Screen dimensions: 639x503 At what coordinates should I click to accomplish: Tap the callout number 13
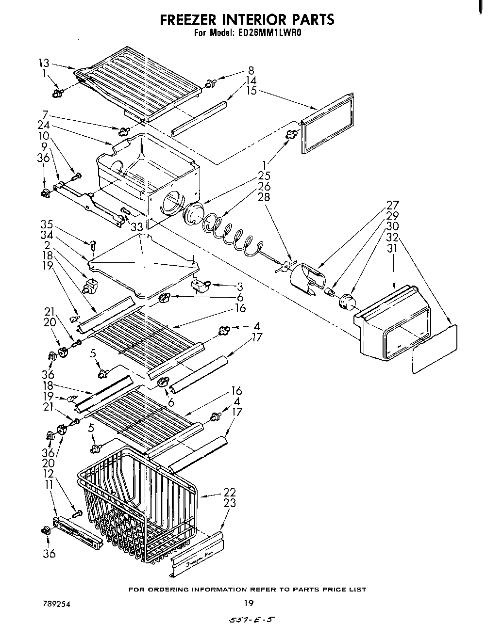click(x=44, y=63)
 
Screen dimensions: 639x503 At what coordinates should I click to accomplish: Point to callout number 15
click(x=251, y=91)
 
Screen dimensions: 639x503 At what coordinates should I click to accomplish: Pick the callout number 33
click(x=136, y=226)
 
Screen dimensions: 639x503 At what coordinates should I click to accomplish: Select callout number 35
click(x=46, y=224)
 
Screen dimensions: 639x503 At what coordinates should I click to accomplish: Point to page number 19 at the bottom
click(x=248, y=604)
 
